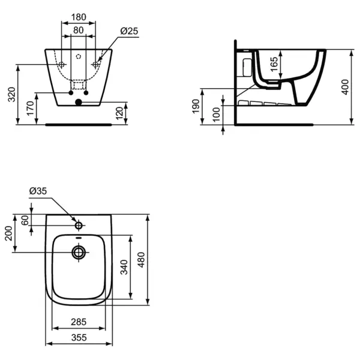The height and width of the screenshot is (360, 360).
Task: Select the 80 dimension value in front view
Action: (x=79, y=30)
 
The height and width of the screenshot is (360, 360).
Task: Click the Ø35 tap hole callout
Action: (x=38, y=191)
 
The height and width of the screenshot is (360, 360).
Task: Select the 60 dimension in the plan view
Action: (x=26, y=220)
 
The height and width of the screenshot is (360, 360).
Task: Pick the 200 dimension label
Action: (x=8, y=233)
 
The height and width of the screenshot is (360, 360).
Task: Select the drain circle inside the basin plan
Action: (x=79, y=252)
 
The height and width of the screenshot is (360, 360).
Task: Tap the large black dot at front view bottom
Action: (x=79, y=103)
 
